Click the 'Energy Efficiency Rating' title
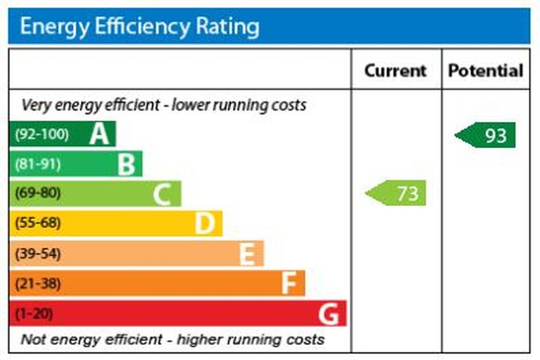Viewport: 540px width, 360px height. pos(140,26)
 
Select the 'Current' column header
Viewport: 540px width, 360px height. pos(395,70)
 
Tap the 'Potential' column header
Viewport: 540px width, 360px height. pos(485,70)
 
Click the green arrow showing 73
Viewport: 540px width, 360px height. pos(396,193)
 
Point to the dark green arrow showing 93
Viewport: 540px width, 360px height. pos(486,136)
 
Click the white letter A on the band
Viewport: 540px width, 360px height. pos(99,134)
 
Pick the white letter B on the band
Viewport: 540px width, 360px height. pos(126,165)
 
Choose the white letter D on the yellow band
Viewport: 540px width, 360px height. pos(205,224)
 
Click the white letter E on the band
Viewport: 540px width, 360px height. pos(246,253)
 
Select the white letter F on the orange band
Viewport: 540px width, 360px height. pos(288,284)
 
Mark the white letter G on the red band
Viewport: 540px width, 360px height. pos(329,314)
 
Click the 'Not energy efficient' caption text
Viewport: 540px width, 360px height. pos(173,340)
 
